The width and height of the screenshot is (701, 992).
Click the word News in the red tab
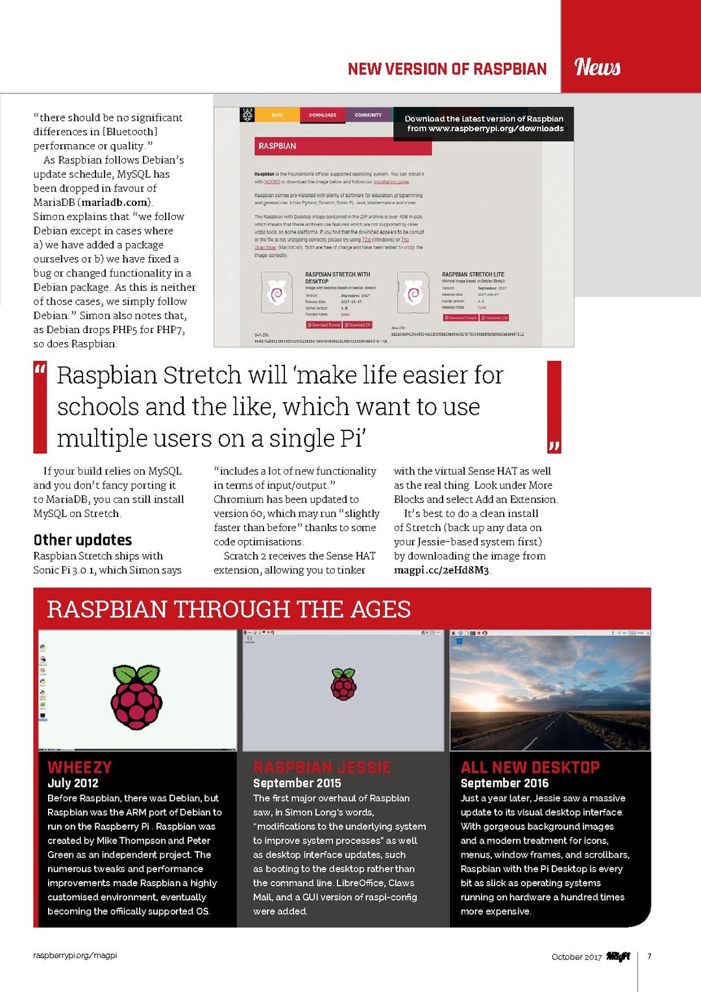(597, 67)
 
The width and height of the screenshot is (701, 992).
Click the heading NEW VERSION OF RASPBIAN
(447, 69)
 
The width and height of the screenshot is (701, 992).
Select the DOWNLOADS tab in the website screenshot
(323, 115)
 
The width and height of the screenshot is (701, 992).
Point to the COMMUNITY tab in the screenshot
(368, 115)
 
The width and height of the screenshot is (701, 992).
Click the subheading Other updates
(82, 539)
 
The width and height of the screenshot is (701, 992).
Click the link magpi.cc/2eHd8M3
(441, 570)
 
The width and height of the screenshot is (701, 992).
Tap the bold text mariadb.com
(114, 203)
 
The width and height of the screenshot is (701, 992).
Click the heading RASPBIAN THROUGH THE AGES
(228, 609)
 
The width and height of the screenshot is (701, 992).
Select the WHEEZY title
(80, 767)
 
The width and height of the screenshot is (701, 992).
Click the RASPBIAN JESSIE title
(322, 767)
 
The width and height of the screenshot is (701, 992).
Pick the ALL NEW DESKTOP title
(530, 767)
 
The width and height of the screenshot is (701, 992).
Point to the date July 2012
(73, 783)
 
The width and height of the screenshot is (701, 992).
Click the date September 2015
(297, 783)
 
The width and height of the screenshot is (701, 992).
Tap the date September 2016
(504, 783)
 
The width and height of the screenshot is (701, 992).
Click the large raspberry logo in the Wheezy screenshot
(136, 697)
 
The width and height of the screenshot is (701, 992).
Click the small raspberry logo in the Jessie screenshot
(343, 684)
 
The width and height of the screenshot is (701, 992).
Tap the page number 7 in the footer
(649, 956)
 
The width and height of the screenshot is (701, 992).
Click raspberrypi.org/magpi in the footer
(75, 956)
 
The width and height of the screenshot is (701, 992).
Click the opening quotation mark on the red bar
(40, 370)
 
